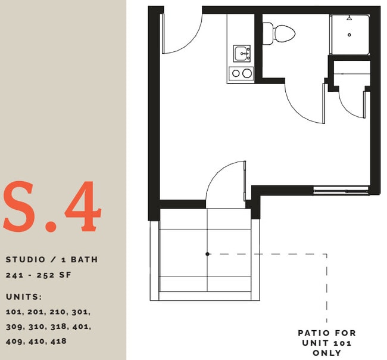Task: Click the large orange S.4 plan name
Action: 52,207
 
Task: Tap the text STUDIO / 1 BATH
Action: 52,260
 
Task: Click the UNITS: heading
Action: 24,297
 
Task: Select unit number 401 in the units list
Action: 81,327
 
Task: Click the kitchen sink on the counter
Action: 242,53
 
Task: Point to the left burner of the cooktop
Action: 235,74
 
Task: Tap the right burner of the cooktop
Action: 246,74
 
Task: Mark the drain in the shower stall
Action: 349,35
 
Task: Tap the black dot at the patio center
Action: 207,254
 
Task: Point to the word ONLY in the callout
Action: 327,353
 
